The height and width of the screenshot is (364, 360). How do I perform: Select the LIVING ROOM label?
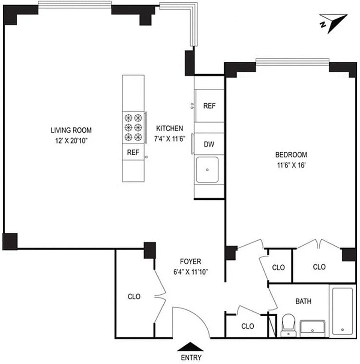point(69,131)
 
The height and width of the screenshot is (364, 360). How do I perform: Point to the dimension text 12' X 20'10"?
point(69,141)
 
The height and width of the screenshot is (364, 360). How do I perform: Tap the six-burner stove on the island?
point(133,127)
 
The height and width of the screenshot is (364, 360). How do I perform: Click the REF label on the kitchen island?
point(133,152)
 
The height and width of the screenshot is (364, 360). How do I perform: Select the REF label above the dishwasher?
point(209,106)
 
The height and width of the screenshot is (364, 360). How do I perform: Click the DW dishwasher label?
point(209,145)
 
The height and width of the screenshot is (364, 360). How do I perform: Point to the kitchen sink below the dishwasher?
point(207,169)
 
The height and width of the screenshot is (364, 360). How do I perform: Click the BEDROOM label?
point(291,154)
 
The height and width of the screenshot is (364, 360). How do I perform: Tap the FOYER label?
point(190,262)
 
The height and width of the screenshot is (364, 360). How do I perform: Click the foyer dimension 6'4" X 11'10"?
point(190,272)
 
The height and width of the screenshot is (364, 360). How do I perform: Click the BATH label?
point(303,301)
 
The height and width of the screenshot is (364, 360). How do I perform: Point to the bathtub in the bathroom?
point(342,310)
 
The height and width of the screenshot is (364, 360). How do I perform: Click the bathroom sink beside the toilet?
point(313,327)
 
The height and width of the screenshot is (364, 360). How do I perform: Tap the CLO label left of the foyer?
point(134,296)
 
